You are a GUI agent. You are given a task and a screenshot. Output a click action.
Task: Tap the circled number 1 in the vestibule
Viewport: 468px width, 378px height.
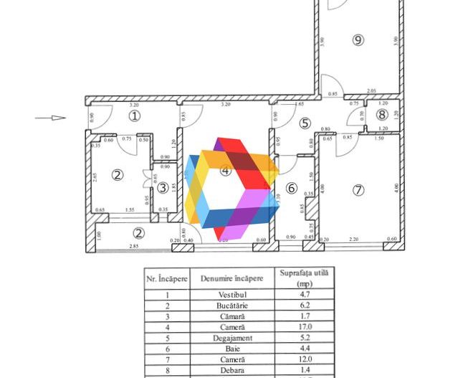(134, 115)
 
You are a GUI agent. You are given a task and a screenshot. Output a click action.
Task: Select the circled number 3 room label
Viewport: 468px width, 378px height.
(163, 188)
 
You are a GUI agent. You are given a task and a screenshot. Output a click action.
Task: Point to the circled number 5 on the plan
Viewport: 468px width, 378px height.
(305, 123)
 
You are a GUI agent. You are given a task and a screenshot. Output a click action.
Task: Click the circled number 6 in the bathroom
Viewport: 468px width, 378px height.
(291, 188)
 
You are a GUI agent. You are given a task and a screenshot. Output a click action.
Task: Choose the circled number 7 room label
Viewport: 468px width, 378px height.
(358, 189)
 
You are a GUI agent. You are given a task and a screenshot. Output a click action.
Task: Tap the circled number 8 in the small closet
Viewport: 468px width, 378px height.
(382, 114)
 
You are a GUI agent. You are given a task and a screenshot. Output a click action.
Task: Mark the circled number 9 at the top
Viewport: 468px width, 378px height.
(358, 40)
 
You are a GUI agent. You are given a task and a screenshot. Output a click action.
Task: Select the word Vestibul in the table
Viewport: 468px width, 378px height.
(231, 294)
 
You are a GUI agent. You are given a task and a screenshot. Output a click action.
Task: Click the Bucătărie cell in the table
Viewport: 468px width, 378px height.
(231, 305)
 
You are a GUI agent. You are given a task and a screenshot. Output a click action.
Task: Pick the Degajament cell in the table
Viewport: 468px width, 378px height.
(231, 337)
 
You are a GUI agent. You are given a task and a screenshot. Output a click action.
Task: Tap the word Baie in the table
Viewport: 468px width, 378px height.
(231, 348)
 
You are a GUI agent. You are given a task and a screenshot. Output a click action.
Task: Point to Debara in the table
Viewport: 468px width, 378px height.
(231, 370)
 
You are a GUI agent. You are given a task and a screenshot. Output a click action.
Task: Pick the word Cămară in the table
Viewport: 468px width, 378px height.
(231, 316)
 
